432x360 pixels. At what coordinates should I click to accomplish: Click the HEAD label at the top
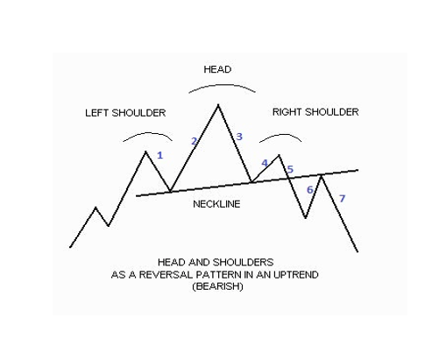point(217,69)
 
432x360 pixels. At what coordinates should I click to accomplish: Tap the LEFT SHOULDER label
point(125,113)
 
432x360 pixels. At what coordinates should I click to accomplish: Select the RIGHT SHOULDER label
point(315,112)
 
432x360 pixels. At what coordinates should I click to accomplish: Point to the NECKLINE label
point(216,204)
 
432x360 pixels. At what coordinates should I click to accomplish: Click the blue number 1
point(159,155)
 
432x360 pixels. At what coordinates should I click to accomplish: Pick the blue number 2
point(194,141)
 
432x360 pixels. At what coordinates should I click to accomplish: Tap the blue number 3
point(239,137)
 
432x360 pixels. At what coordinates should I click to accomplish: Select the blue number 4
point(265,163)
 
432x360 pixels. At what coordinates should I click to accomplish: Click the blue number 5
point(290,169)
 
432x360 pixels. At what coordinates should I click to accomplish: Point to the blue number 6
point(309,190)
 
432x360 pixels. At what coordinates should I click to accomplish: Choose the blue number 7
point(342,199)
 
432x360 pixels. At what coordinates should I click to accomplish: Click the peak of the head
point(218,104)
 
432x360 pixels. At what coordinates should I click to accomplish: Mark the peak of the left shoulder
point(145,152)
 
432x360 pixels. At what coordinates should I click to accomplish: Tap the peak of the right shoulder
point(279,155)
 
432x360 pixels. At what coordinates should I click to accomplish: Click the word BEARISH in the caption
point(217,286)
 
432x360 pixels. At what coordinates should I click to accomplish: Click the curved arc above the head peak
point(222,85)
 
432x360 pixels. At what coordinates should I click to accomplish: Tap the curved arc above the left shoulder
point(148,133)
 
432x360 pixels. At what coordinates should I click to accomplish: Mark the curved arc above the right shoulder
point(281,135)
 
